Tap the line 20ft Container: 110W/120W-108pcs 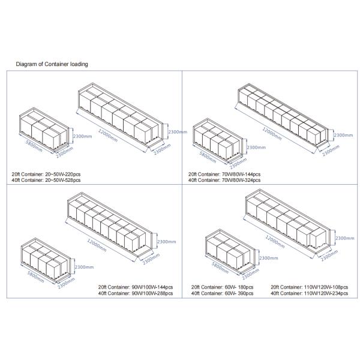pyautogui.click(x=306, y=287)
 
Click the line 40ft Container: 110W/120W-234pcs pyautogui.click(x=306, y=294)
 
